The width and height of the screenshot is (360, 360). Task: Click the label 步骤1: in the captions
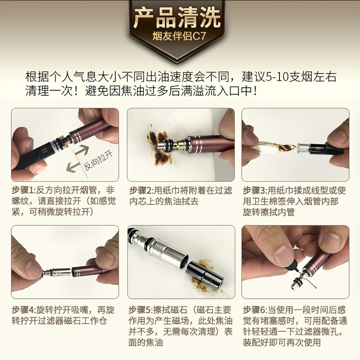coord(26,190)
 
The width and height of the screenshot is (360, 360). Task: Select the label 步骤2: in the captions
coord(140,190)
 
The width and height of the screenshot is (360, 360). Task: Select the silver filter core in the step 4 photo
coord(58,272)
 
